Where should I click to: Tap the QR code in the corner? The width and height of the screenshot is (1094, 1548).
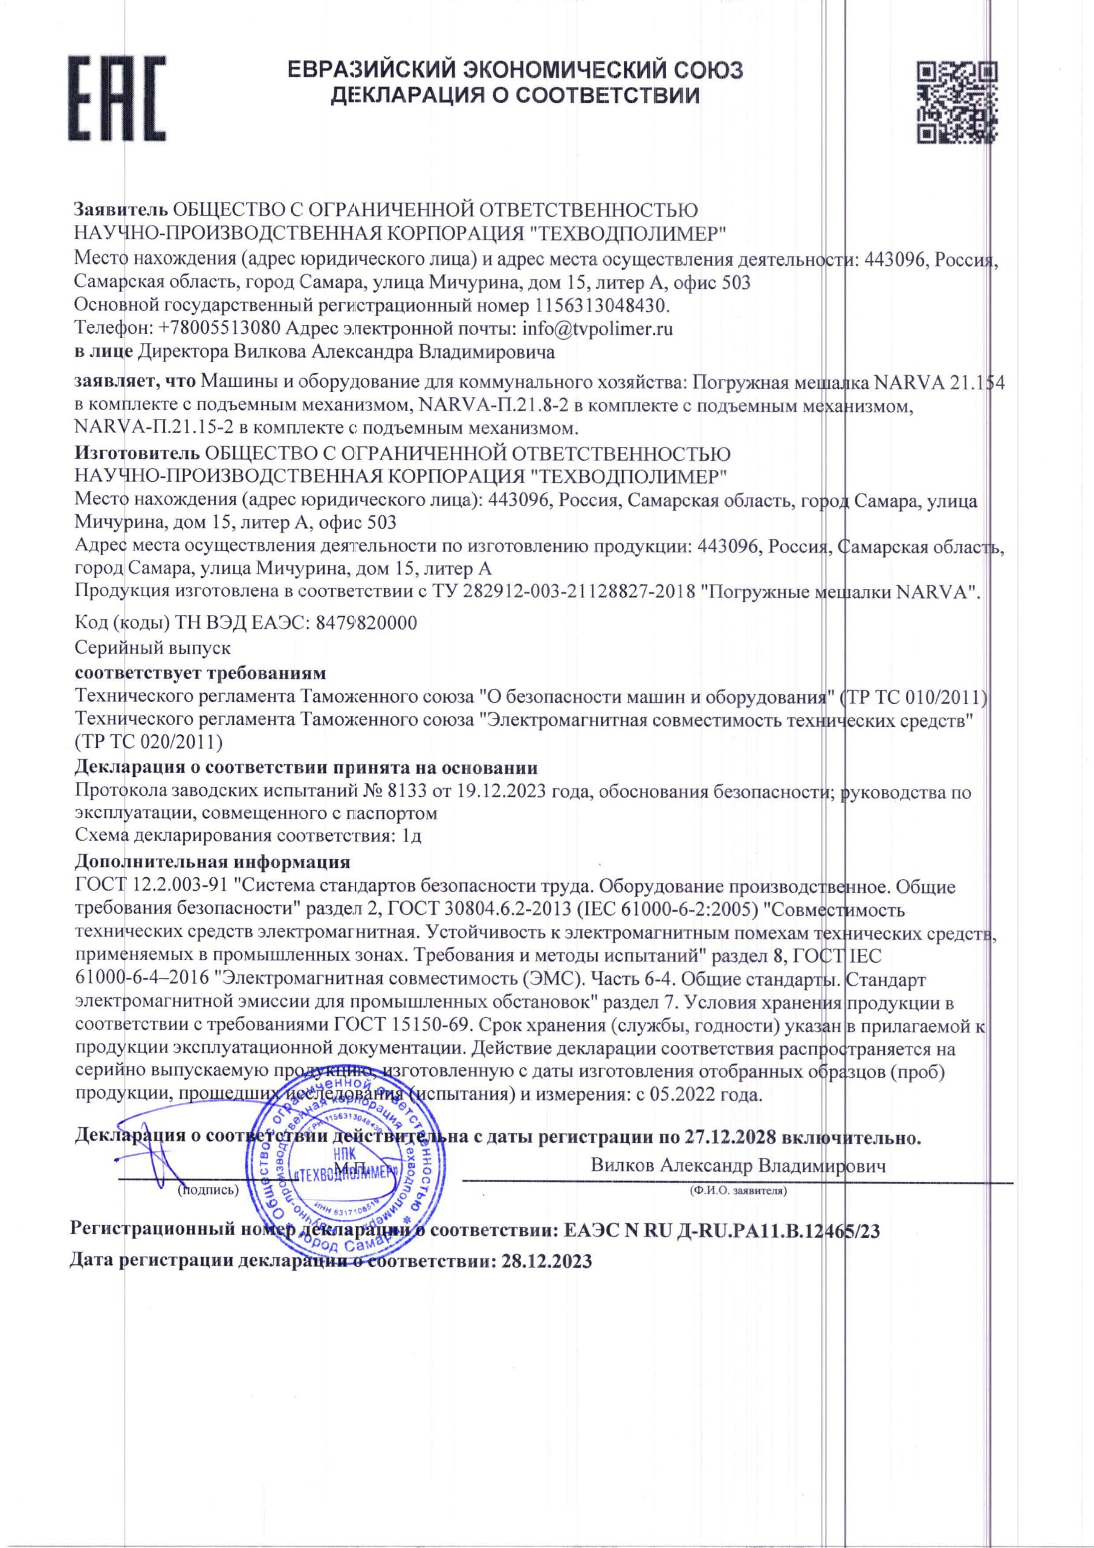pos(957,102)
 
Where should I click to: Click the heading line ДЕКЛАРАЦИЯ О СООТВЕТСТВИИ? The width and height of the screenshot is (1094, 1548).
pos(515,95)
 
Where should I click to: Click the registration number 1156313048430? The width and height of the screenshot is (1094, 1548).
pos(601,305)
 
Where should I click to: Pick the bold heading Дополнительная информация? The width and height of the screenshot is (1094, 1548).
pos(212,862)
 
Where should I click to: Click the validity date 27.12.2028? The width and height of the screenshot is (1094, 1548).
pos(731,1137)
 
